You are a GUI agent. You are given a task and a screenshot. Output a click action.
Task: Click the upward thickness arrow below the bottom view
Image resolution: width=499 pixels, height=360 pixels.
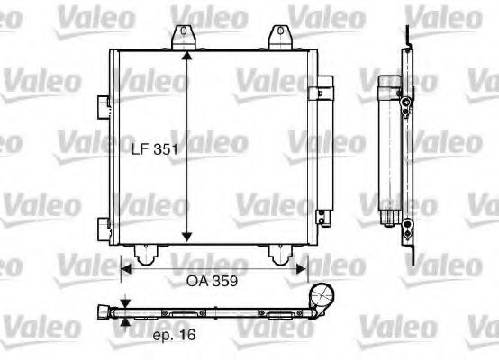(125, 322)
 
